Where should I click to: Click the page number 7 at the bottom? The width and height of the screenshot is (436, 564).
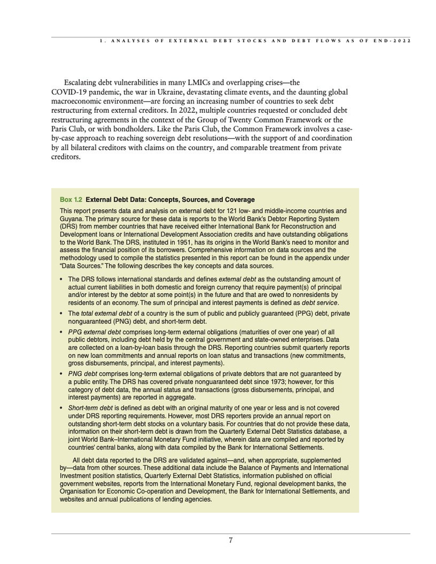coord(230,540)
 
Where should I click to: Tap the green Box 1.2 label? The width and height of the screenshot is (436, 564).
coord(71,200)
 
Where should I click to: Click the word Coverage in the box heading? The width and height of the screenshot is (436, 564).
coord(239,200)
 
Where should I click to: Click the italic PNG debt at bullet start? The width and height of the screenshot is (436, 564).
coord(83,374)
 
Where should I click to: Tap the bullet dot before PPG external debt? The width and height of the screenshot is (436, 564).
coord(61,332)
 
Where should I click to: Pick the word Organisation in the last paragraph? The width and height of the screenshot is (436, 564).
coord(81,491)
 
